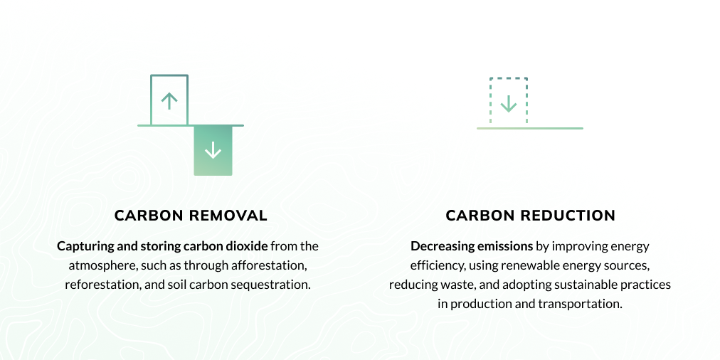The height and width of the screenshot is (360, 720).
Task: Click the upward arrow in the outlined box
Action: [x=169, y=101]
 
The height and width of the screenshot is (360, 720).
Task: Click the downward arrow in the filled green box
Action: [x=213, y=150]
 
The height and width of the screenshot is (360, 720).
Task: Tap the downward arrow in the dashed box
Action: [x=508, y=104]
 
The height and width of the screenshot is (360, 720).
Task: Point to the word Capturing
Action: [x=85, y=246]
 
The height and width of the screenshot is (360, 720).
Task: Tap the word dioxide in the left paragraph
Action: [x=246, y=246]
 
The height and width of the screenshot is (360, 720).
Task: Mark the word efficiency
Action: [x=435, y=265]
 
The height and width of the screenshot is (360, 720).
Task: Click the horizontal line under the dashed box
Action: [x=529, y=128]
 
